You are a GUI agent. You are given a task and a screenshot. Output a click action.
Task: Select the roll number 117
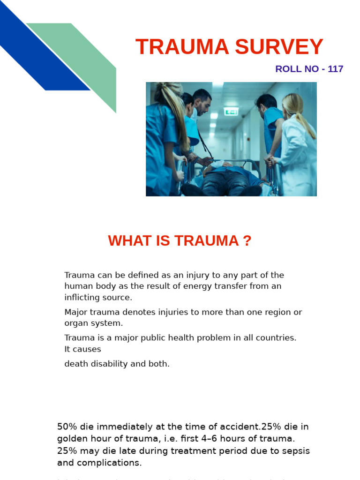tap(336, 69)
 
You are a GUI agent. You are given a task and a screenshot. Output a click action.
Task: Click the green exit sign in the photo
tap(231, 111)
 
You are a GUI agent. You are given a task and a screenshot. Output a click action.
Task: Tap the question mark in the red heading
tap(247, 241)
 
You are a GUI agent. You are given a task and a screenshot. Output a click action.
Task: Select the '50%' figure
tap(67, 427)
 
